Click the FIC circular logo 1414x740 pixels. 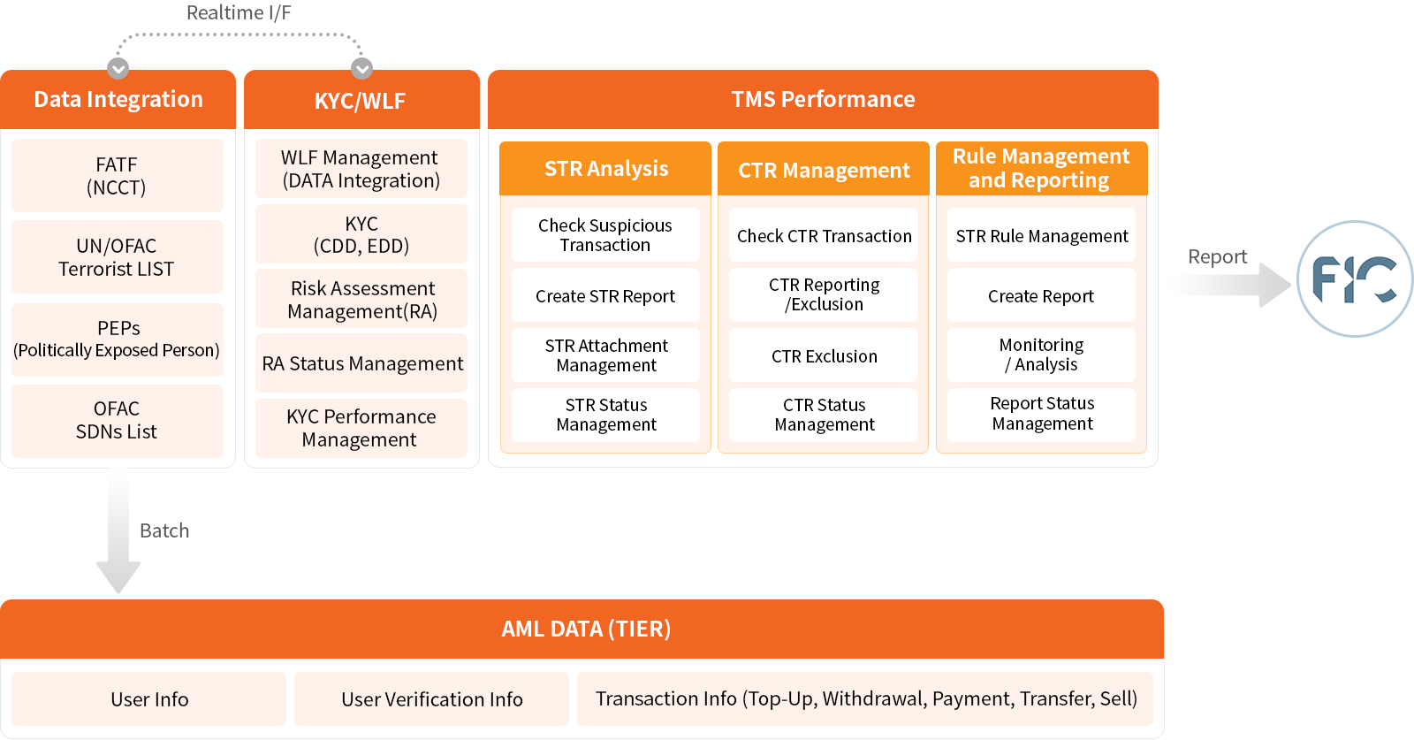pos(1355,278)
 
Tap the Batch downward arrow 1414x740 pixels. pos(118,530)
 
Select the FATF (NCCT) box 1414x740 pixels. pos(118,176)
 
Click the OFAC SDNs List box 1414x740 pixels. pos(118,421)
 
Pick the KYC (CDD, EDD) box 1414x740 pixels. pos(361,234)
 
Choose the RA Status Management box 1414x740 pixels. pos(361,363)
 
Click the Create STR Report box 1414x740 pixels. pos(605,295)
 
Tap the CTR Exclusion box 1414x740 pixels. pos(823,355)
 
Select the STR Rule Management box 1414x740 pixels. pos(1042,235)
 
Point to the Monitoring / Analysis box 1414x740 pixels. pos(1042,355)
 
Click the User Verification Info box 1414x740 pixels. pos(432,699)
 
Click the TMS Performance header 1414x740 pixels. pos(823,100)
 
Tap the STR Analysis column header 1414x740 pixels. pos(605,169)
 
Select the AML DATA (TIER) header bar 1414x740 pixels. pos(582,629)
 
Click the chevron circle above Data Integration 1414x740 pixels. pos(118,68)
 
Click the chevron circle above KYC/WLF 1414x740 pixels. pos(361,68)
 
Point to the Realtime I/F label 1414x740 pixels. pos(239,12)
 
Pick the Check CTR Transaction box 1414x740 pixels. pos(823,235)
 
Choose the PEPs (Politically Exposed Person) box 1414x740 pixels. pos(118,339)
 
